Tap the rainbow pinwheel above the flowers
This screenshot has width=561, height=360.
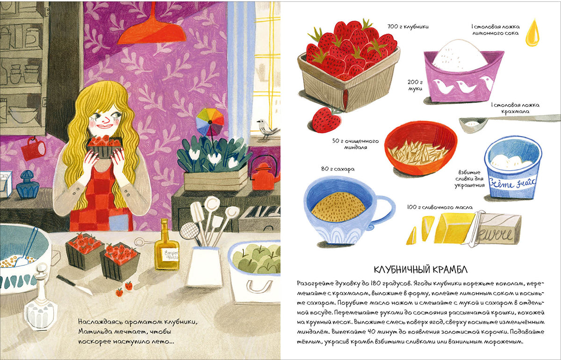(x=210, y=122)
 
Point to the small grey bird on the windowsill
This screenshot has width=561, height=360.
(x=267, y=129)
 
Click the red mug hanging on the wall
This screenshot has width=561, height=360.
(x=34, y=149)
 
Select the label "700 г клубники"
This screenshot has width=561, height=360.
(x=408, y=26)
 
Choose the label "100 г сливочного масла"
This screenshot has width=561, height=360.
(x=439, y=207)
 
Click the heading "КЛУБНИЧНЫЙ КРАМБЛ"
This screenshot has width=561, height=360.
(x=420, y=270)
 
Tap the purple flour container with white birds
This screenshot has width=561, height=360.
(x=463, y=75)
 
